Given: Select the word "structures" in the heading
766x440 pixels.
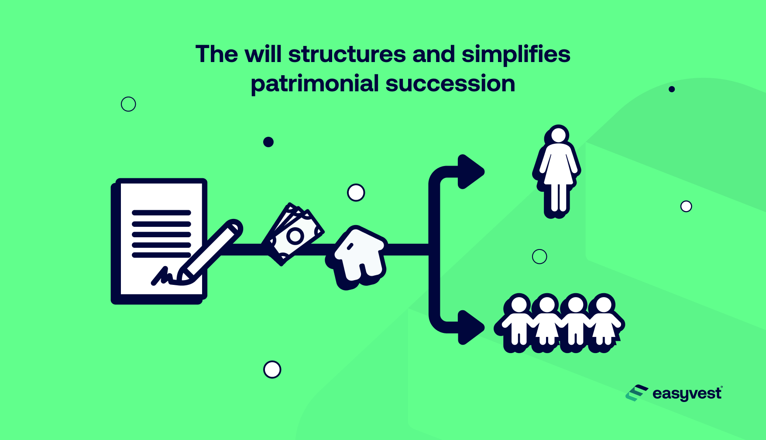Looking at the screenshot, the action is (347, 55).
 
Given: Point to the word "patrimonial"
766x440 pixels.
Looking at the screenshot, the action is (315, 83).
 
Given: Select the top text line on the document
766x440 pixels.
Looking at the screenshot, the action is (161, 213).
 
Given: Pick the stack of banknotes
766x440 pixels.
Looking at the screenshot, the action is (292, 234).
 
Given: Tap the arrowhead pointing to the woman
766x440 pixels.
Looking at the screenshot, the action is (471, 172).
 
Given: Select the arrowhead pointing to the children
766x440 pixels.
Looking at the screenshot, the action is (471, 327).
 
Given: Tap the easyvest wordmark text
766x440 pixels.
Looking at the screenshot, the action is (687, 394).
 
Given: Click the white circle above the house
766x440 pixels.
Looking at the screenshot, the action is (356, 193).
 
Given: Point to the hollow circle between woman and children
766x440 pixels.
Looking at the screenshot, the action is (539, 256).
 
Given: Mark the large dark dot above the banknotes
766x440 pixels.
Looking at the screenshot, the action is (268, 142).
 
